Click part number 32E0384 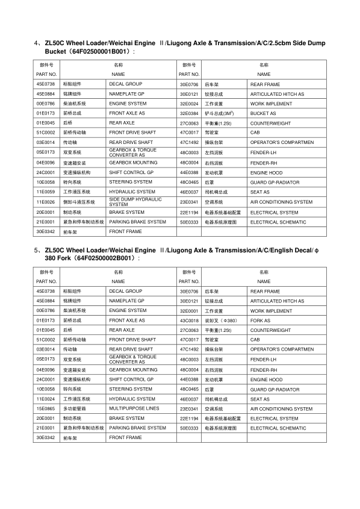(189, 113)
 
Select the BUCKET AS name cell (263, 113)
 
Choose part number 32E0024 (189, 104)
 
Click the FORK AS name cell (261, 320)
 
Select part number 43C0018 (189, 320)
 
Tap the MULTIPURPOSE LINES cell (134, 408)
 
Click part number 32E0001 (189, 311)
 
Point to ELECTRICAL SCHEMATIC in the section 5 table (278, 428)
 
